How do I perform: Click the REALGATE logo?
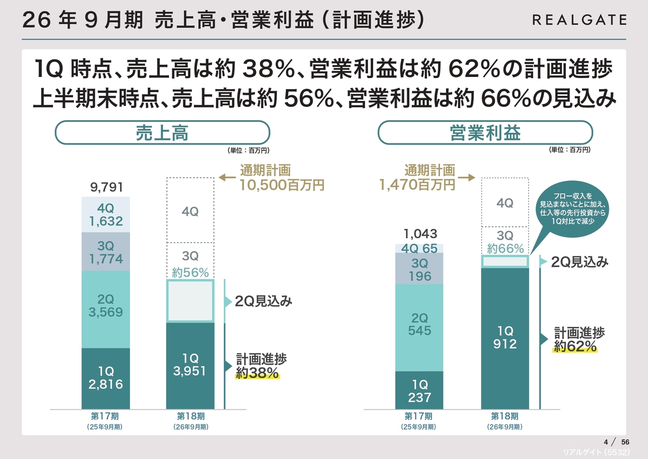click(579, 20)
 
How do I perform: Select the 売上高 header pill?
click(162, 133)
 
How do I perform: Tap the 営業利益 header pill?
click(485, 133)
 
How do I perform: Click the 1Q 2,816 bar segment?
click(106, 378)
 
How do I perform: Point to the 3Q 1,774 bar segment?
click(106, 252)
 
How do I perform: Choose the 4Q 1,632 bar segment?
click(106, 214)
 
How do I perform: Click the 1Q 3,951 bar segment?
click(190, 365)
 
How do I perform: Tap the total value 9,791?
click(106, 188)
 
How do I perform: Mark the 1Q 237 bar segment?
click(419, 390)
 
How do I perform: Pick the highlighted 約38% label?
click(257, 373)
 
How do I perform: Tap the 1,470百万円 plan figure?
click(417, 185)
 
